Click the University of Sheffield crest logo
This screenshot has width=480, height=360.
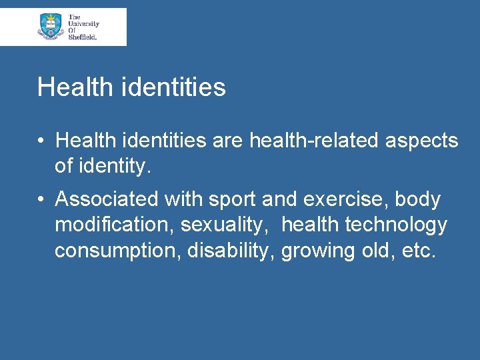tap(51, 26)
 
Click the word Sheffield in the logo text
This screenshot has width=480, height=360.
tap(83, 37)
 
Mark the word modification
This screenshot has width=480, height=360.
tap(115, 225)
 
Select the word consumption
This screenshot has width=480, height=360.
tap(118, 251)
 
